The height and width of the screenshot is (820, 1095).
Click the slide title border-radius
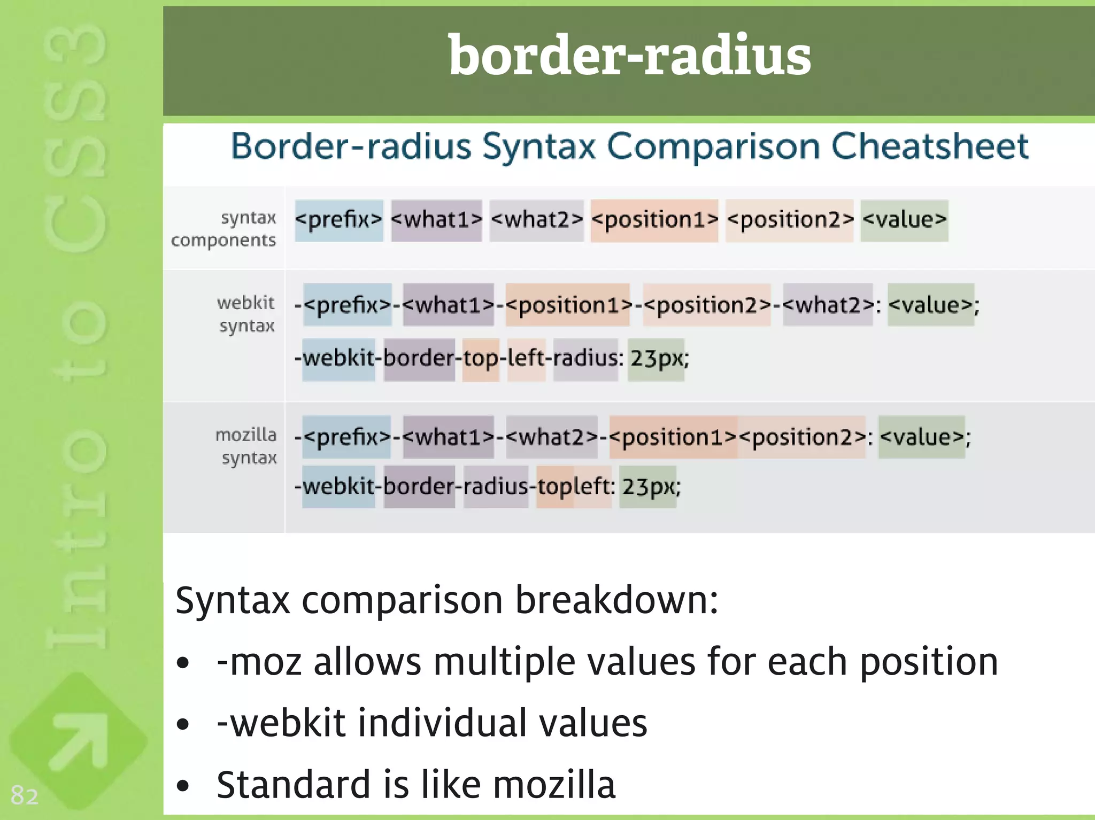pos(629,56)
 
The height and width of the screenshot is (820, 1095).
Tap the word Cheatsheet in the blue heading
pos(930,146)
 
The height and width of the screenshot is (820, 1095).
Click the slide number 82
pos(25,795)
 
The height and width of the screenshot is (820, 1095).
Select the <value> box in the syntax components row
pos(904,220)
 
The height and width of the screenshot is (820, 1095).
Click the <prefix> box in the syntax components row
pos(339,220)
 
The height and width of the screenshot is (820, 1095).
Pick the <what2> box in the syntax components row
pos(536,220)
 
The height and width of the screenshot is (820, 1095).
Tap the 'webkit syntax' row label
pos(246,314)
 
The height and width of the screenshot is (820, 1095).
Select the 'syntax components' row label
pos(224,229)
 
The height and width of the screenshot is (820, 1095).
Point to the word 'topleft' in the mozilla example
pos(574,486)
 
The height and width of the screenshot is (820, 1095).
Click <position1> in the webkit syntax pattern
pos(568,305)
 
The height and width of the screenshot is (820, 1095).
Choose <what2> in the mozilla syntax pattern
pos(551,437)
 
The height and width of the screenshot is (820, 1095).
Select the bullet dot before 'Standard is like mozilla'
pos(183,786)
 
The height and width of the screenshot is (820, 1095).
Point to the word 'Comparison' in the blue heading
pos(713,146)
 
